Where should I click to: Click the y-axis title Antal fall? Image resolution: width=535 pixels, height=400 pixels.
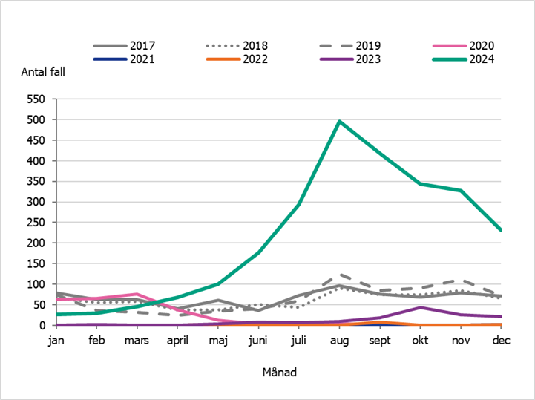pos(44,72)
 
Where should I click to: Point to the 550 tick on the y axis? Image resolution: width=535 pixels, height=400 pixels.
pos(36,99)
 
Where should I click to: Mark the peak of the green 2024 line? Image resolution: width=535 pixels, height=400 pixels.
pos(339,121)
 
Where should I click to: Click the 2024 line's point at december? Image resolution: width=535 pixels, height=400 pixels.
pos(501,230)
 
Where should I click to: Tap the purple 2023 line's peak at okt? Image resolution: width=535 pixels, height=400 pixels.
pos(420,307)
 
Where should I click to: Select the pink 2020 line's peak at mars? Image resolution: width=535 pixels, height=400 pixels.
pos(137,295)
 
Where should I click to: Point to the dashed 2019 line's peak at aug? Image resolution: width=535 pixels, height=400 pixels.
pos(339,275)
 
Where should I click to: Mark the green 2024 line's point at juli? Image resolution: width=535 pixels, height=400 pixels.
pos(299,204)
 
